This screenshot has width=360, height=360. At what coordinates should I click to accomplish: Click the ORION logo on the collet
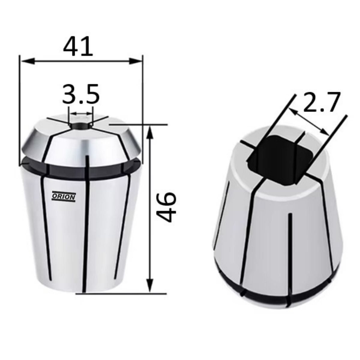(x=64, y=197)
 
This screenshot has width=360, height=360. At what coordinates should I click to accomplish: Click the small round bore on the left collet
(x=80, y=125)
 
